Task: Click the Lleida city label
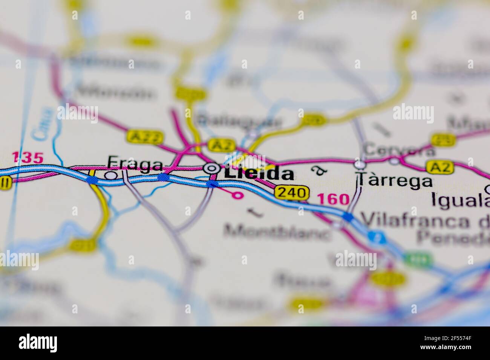point(259,174)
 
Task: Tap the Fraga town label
point(135,163)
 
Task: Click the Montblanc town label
point(277,231)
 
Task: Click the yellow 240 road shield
point(292,193)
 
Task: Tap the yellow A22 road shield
point(140,136)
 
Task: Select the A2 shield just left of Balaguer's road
point(222,145)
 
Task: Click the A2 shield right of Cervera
point(439,166)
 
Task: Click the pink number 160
point(333,199)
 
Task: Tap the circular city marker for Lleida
point(210,168)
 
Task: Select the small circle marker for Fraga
point(110,175)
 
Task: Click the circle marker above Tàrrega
point(360,164)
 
